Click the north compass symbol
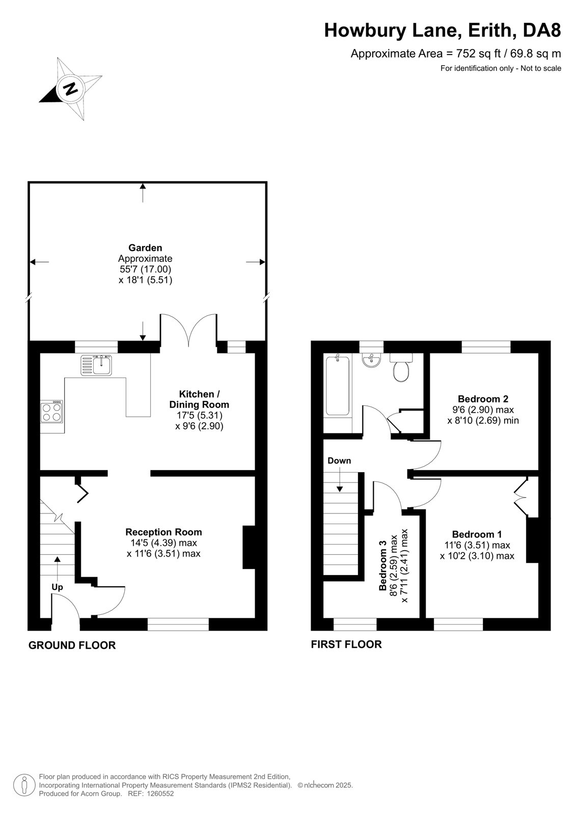click(70, 89)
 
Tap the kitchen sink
click(96, 365)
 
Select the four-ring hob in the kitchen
click(51, 412)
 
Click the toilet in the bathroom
click(401, 367)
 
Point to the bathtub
click(337, 385)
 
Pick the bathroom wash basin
click(371, 361)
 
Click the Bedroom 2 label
click(483, 399)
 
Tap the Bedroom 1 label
click(477, 534)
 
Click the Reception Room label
click(164, 532)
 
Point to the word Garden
click(145, 248)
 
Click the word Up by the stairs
click(57, 587)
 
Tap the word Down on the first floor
click(339, 460)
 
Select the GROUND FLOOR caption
click(72, 645)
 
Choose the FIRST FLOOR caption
click(346, 644)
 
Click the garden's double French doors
click(188, 329)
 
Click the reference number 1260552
click(159, 794)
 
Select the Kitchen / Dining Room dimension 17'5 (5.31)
click(199, 415)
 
